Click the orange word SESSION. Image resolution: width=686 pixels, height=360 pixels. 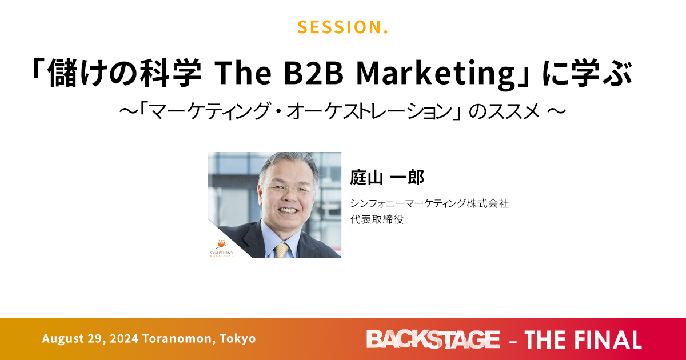342,27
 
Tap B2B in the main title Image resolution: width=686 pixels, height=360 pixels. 314,73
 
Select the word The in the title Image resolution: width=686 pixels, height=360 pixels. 243,73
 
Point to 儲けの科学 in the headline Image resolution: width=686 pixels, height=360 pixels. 124,73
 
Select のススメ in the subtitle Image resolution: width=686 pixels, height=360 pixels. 504,111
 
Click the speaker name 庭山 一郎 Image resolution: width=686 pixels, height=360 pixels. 387,177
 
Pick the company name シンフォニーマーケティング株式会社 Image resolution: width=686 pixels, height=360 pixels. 429,203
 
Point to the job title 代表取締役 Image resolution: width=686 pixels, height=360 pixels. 377,219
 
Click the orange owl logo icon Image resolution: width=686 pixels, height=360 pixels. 221,245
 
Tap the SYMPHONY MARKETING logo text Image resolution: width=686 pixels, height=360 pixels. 222,254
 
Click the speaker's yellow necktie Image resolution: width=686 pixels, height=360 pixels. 281,250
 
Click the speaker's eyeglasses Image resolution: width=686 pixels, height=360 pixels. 288,188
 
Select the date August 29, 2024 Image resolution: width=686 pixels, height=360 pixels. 90,338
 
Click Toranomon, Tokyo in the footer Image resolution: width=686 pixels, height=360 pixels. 199,338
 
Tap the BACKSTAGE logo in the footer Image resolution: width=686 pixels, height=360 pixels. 433,339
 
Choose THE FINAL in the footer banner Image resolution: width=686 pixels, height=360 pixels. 583,340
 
